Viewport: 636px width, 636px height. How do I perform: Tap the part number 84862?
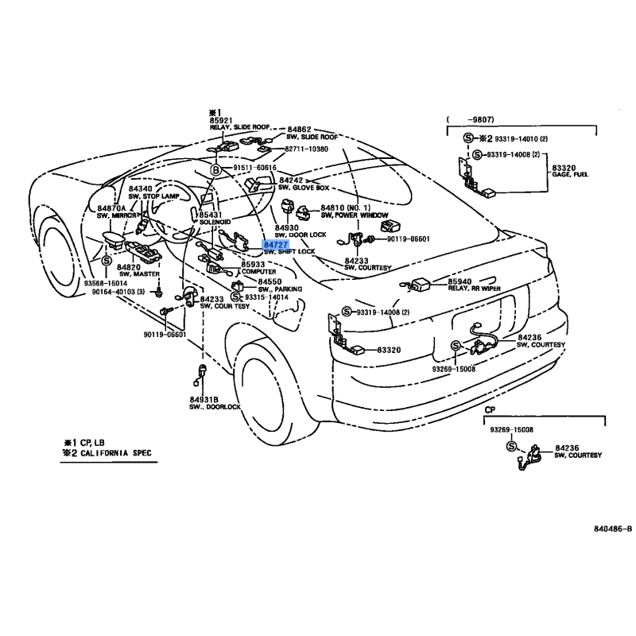tap(299, 128)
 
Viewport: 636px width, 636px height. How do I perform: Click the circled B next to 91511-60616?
tap(215, 169)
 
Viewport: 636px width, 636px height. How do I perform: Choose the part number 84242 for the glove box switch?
tap(291, 181)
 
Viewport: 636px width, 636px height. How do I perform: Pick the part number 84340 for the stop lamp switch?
tap(140, 188)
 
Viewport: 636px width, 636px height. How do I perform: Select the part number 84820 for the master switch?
tap(130, 268)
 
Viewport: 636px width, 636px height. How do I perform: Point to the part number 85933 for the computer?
tap(254, 264)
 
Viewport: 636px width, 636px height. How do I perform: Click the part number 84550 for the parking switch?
tap(269, 281)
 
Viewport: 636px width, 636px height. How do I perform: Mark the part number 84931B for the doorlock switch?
tap(204, 399)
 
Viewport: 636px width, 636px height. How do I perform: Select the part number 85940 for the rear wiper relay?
tap(459, 281)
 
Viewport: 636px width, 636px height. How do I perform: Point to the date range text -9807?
tap(468, 120)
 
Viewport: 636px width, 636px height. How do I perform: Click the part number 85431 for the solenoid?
tap(211, 215)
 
